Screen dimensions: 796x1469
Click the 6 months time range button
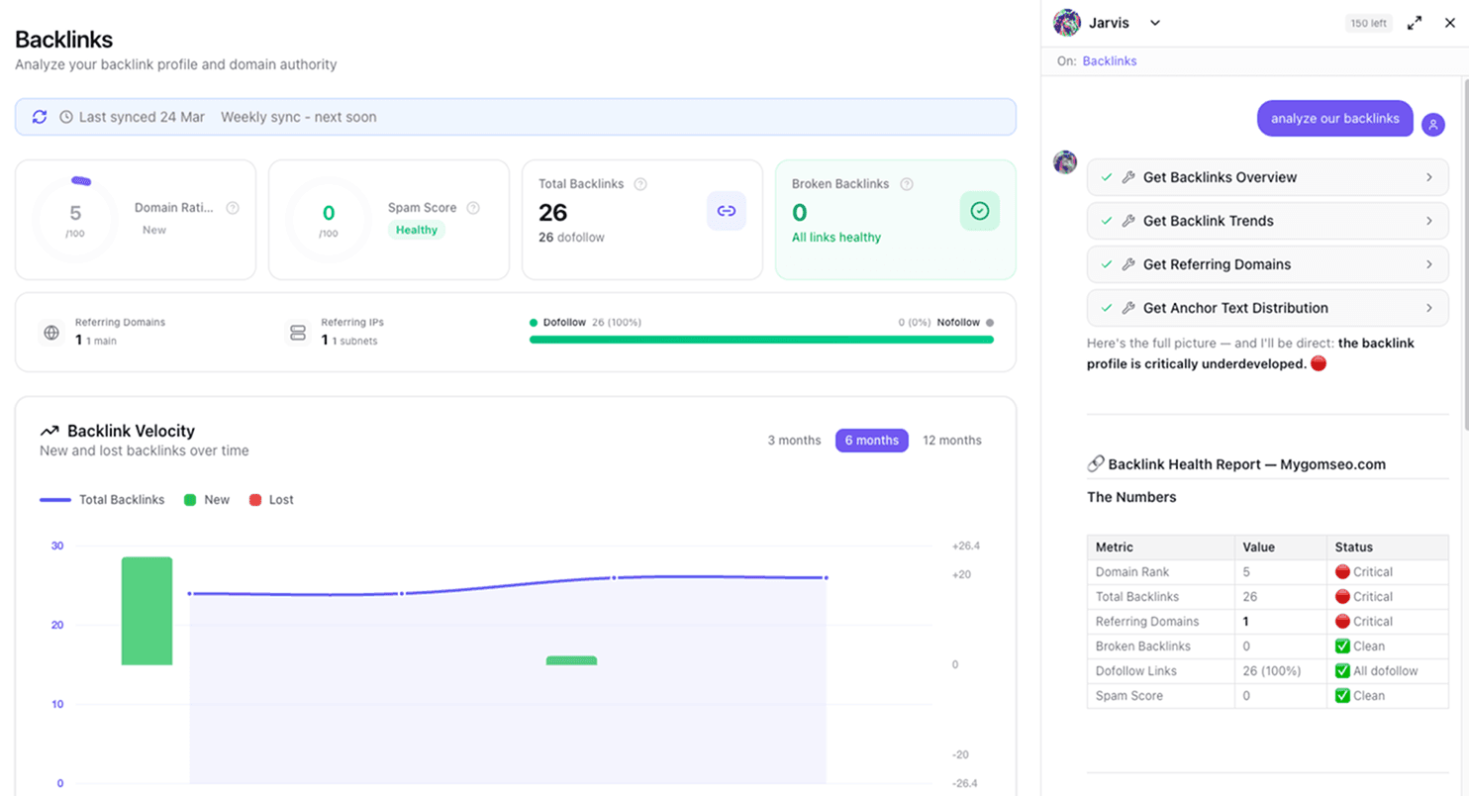click(x=871, y=441)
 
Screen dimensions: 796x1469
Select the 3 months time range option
click(x=794, y=441)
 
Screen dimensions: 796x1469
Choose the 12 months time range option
click(x=951, y=441)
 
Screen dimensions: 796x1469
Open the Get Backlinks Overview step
click(x=1267, y=177)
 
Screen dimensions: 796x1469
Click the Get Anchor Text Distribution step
click(x=1267, y=308)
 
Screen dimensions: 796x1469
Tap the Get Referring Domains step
click(x=1267, y=264)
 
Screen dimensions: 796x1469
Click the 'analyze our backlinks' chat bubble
click(x=1334, y=119)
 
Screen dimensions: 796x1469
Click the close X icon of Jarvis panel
click(x=1450, y=23)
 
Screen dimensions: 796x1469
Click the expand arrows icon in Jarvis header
click(x=1415, y=23)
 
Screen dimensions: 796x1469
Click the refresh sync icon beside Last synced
click(x=40, y=117)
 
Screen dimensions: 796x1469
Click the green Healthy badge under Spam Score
click(x=416, y=230)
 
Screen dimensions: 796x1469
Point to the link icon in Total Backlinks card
click(x=726, y=211)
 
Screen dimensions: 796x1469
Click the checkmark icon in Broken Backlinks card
click(x=979, y=211)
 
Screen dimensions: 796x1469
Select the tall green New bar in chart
click(x=147, y=611)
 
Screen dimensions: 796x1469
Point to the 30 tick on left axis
click(x=57, y=546)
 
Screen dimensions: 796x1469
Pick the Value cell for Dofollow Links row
click(x=1279, y=671)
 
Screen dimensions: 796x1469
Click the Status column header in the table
click(x=1353, y=547)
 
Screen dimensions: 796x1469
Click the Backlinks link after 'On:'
click(x=1109, y=61)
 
